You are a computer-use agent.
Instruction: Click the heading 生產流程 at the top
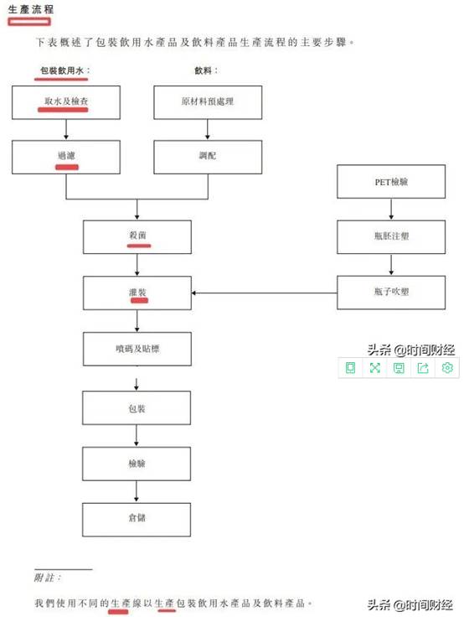coord(31,9)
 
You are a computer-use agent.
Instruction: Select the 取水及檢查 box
coord(66,102)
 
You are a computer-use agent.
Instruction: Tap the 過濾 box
coord(66,157)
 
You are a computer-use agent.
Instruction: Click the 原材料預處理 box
coord(208,102)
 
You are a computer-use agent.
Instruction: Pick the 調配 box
coord(208,157)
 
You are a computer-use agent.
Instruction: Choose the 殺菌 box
coord(137,237)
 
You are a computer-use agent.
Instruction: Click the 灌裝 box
coord(137,293)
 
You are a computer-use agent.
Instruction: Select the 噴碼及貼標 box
coord(137,349)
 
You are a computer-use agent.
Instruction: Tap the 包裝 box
coord(137,407)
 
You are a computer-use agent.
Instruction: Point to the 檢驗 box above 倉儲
coord(137,464)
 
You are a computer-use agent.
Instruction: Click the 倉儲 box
coord(137,520)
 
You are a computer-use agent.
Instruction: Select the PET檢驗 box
coord(391,181)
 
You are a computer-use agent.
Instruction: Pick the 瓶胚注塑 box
coord(391,237)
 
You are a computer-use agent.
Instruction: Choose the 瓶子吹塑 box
coord(391,293)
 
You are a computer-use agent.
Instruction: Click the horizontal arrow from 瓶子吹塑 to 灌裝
coord(264,293)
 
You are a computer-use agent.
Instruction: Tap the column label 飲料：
coord(206,70)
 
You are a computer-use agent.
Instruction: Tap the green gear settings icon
coord(447,367)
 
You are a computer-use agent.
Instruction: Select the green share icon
coord(423,367)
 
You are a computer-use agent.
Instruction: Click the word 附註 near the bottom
coord(44,578)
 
